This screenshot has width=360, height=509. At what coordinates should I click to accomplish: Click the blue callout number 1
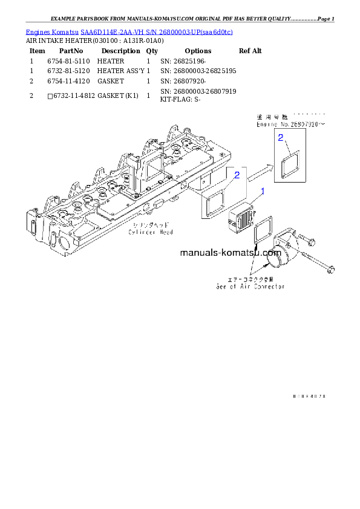coord(263,192)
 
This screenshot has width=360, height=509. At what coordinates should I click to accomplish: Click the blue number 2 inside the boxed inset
coord(281,138)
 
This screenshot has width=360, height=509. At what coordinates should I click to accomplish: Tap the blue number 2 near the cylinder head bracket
coord(237,175)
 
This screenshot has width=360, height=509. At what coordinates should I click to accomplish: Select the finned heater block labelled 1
coord(240,220)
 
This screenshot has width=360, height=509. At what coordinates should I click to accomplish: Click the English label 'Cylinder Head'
coord(151,232)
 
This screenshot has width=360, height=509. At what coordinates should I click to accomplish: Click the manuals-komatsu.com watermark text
coord(231,253)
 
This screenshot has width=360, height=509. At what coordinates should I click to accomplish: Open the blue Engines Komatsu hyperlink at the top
coord(129,31)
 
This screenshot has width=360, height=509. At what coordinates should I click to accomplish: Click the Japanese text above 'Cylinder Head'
coord(151,225)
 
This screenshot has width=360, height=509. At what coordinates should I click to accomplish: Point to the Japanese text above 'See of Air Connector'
coord(250,279)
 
